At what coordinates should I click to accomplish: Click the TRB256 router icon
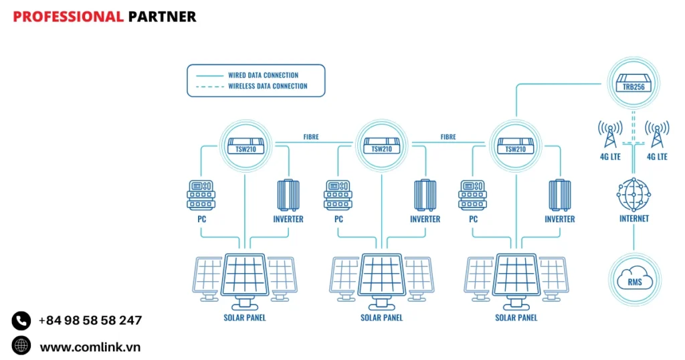(x=633, y=84)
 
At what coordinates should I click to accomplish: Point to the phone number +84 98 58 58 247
(x=90, y=321)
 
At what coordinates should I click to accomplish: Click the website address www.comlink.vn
(x=90, y=347)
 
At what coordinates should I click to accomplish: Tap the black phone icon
(x=21, y=321)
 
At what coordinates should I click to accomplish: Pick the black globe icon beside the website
(x=21, y=346)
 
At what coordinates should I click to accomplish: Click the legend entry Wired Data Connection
(x=263, y=75)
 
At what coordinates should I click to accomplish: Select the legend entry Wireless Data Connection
(x=268, y=86)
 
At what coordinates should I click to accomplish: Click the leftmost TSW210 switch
(x=246, y=147)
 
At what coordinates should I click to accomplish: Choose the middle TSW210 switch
(x=381, y=147)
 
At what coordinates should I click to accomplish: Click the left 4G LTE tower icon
(x=609, y=135)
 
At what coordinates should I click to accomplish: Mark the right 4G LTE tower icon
(x=657, y=135)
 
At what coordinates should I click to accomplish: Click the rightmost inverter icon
(x=560, y=195)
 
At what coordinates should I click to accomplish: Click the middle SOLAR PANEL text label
(x=381, y=318)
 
